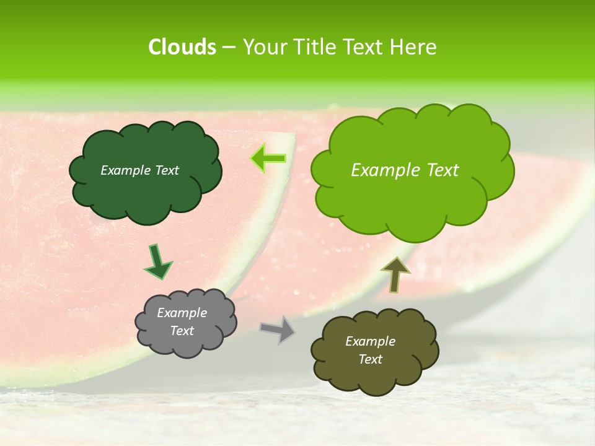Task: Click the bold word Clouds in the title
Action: click(182, 47)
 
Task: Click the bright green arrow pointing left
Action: click(268, 159)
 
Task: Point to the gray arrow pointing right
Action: click(277, 328)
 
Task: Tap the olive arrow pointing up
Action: click(395, 274)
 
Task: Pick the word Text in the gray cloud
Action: click(182, 331)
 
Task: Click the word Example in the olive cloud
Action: click(370, 341)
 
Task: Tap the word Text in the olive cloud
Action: click(370, 359)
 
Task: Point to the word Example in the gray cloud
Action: click(182, 313)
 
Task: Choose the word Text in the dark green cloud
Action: click(166, 170)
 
